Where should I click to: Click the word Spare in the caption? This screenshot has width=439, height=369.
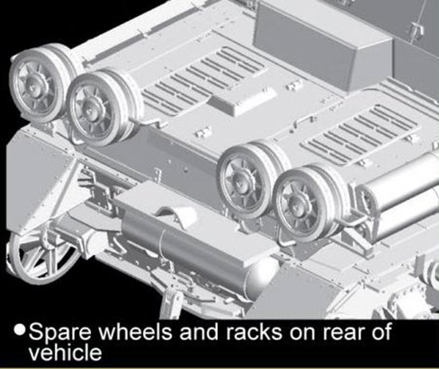(60, 333)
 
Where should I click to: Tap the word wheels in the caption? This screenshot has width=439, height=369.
(136, 332)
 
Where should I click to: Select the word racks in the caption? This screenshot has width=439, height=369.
(254, 332)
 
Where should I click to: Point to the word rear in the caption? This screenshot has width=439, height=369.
(343, 333)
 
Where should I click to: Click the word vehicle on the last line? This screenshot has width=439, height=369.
(65, 352)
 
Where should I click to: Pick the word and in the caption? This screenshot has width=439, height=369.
(199, 332)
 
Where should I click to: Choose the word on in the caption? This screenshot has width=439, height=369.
(302, 333)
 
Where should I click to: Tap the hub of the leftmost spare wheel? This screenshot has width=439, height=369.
(33, 83)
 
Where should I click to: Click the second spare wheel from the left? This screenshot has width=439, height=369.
(102, 108)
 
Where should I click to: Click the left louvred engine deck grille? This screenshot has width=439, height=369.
(204, 81)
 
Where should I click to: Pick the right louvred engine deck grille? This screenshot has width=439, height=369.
(361, 134)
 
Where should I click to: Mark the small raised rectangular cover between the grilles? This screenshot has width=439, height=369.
(243, 102)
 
